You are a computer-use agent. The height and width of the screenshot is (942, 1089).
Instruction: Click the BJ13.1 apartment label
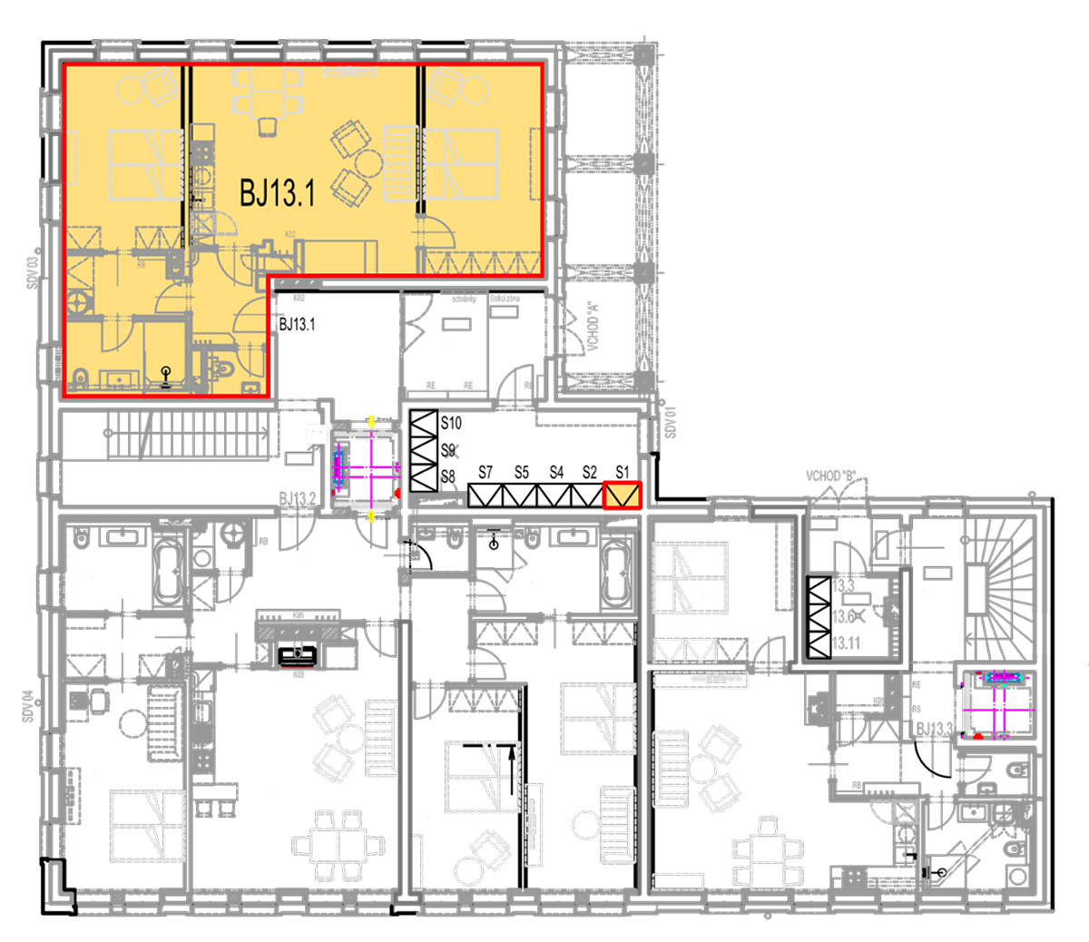tap(277, 192)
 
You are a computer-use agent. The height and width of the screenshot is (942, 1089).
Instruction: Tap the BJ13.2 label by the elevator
tap(298, 498)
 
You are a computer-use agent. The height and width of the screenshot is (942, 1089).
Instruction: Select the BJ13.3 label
tap(935, 729)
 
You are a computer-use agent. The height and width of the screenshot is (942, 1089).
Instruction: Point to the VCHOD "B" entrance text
tap(832, 476)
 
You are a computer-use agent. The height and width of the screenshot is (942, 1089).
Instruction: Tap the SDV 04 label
tap(28, 707)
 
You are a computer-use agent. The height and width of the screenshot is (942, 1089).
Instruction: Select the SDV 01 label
tap(671, 422)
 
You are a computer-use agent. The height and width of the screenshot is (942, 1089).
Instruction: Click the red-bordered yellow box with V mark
tap(623, 495)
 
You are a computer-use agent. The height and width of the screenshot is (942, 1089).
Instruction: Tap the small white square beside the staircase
tap(316, 435)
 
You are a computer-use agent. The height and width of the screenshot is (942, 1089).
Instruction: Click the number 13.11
tap(845, 643)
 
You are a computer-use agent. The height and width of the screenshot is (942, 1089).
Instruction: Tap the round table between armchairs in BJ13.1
tap(368, 163)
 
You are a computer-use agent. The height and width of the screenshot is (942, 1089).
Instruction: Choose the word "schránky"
tap(464, 298)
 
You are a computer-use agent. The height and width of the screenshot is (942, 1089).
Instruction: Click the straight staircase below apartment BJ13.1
tap(191, 434)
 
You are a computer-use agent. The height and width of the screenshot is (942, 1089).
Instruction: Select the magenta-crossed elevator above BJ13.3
tap(997, 703)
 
